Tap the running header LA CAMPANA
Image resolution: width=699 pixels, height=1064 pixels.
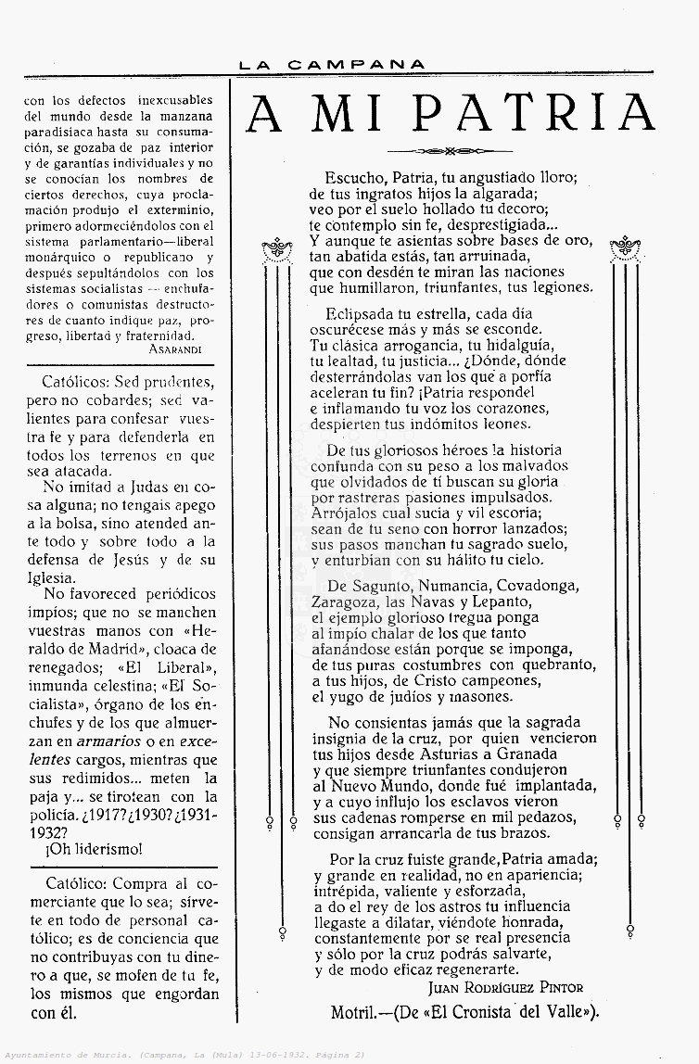click(x=332, y=65)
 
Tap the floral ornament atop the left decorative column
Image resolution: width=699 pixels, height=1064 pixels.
click(x=277, y=248)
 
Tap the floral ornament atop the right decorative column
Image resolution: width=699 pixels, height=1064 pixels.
click(x=627, y=247)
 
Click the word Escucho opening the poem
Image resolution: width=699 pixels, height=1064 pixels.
click(x=354, y=176)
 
